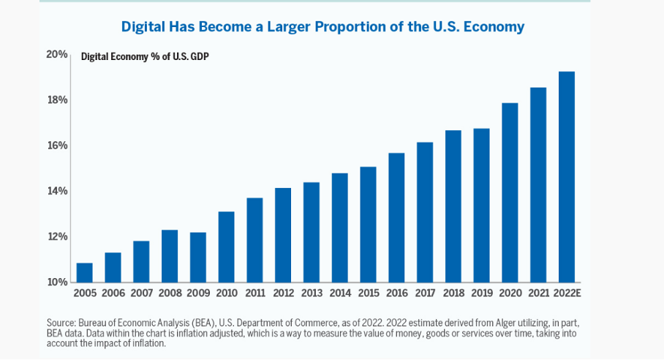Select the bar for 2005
point(85,272)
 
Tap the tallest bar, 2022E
point(567,176)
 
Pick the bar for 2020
point(510,192)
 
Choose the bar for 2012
point(283,235)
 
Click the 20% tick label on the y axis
point(59,54)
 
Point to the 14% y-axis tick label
point(59,191)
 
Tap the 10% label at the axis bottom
point(59,282)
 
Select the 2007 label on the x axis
point(141,293)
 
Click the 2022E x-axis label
point(567,293)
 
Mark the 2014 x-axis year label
point(339,293)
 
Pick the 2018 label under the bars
point(453,293)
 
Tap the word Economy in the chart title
point(493,27)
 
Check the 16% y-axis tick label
point(59,146)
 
